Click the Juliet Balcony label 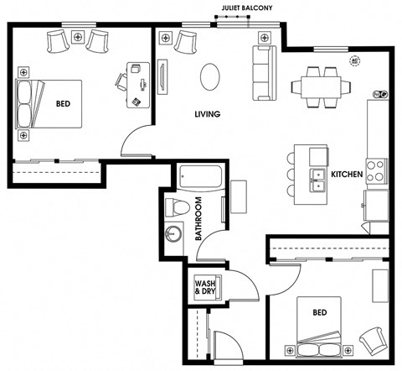pos(247,8)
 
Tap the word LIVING pos(208,114)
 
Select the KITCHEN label pos(347,175)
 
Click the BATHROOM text pos(198,219)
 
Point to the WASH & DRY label pos(205,287)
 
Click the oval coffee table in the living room pos(210,76)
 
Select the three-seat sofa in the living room pos(265,73)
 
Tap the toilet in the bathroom pos(178,207)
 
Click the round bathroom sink pos(173,233)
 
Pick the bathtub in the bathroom pos(200,177)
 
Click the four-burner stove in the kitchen pos(377,171)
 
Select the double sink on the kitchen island pos(317,180)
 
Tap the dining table pos(321,87)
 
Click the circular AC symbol pos(355,60)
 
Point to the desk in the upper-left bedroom pos(138,85)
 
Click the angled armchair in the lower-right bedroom pos(374,341)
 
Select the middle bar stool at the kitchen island pos(291,174)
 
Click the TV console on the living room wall pos(162,77)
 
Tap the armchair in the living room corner pos(186,42)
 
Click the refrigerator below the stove pos(376,206)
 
